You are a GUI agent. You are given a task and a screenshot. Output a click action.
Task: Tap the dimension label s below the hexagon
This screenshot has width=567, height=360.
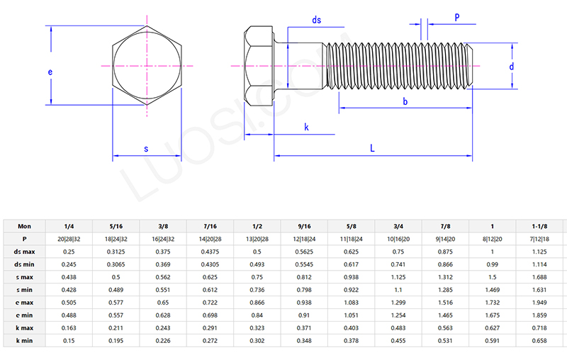coord(146,149)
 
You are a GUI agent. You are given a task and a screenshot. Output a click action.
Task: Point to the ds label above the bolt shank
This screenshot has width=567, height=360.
coord(316,21)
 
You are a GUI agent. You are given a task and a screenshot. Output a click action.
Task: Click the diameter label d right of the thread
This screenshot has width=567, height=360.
coord(511,66)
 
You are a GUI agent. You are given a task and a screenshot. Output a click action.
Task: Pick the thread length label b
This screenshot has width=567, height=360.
coord(405,102)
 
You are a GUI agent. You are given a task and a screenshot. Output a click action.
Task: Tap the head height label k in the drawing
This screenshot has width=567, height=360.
coord(306,127)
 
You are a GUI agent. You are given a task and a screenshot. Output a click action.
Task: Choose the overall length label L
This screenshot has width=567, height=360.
coord(373,148)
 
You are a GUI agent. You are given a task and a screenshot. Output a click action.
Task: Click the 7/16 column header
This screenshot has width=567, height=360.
coord(210,226)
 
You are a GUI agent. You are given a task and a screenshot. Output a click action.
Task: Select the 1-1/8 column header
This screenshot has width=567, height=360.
coord(540,226)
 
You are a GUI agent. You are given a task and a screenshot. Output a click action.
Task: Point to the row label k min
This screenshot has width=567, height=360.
coord(25,340)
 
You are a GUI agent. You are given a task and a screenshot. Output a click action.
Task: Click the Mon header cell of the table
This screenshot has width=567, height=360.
coord(25,226)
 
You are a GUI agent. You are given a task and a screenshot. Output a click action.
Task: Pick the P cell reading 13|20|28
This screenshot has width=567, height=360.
coord(257,239)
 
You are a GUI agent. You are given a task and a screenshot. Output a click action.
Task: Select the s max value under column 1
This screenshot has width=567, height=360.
coord(493,277)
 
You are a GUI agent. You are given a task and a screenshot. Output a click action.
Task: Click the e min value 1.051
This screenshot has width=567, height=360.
coord(352,315)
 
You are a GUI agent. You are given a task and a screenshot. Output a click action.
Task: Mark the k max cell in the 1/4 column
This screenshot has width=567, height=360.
coord(69,327)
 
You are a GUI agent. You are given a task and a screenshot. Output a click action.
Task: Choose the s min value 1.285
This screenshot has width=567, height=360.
coord(446,289)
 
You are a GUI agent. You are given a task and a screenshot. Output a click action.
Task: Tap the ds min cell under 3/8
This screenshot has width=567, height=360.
coord(163,264)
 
